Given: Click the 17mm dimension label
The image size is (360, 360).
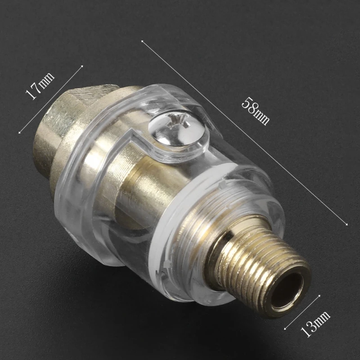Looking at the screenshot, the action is point(40,85).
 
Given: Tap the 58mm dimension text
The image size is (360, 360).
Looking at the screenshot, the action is point(255,111).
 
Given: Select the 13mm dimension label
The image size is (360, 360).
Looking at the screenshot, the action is point(315,324).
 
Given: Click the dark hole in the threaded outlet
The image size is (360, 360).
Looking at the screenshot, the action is point(287,290).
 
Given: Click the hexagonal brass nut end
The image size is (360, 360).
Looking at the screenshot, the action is point(76,129).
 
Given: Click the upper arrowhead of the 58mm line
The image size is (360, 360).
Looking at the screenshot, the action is point(142,41).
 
